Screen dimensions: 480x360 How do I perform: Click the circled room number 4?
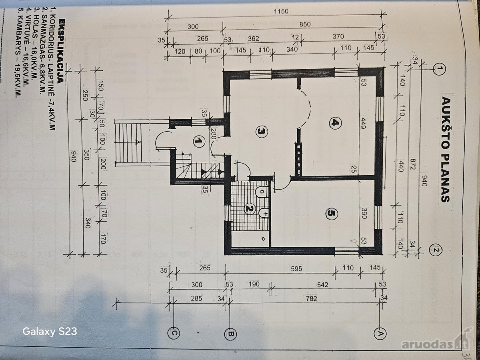tap(335, 123)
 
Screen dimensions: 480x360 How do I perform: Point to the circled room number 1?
tap(199, 141)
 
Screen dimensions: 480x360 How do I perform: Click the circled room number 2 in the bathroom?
tap(249, 208)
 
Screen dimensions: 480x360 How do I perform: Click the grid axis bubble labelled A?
tap(380, 334)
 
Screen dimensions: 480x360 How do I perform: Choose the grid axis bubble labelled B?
tap(230, 334)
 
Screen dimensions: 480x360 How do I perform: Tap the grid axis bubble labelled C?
tap(174, 334)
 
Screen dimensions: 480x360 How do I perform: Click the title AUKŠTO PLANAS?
tap(446, 149)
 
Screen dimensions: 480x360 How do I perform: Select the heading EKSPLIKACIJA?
tap(61, 51)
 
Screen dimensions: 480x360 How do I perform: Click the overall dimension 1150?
tap(281, 11)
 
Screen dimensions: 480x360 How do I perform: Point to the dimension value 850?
tap(305, 24)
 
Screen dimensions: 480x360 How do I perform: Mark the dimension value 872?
tap(412, 164)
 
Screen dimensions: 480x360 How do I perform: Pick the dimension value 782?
tap(311, 298)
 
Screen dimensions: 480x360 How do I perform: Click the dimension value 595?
tap(296, 269)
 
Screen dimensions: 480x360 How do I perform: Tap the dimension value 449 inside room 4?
tap(363, 123)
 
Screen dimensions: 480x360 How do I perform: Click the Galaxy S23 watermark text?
tap(50, 331)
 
